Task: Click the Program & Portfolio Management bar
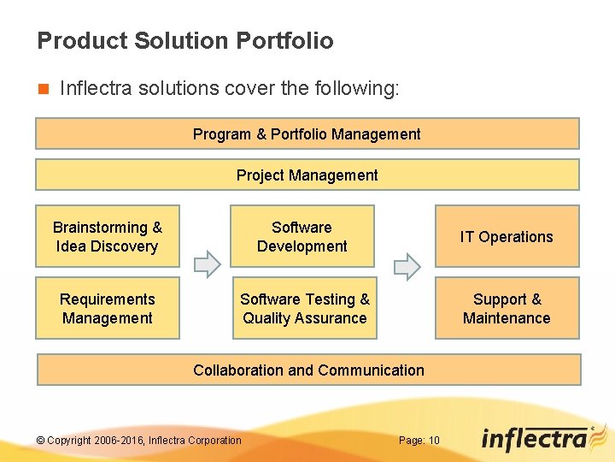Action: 307,133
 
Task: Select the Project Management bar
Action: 307,175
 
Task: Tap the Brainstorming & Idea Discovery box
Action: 108,236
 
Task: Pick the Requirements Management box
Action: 108,308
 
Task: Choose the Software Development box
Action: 302,236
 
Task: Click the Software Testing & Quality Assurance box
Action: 304,308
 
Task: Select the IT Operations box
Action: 507,236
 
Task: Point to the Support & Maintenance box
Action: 507,308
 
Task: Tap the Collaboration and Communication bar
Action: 307,370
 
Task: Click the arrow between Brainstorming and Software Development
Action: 207,267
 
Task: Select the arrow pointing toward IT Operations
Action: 407,267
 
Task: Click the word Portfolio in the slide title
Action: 284,40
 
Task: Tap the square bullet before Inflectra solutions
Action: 42,88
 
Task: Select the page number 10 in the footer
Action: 434,441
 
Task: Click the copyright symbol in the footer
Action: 40,441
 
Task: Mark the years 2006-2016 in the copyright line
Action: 120,441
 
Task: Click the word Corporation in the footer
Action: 214,441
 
